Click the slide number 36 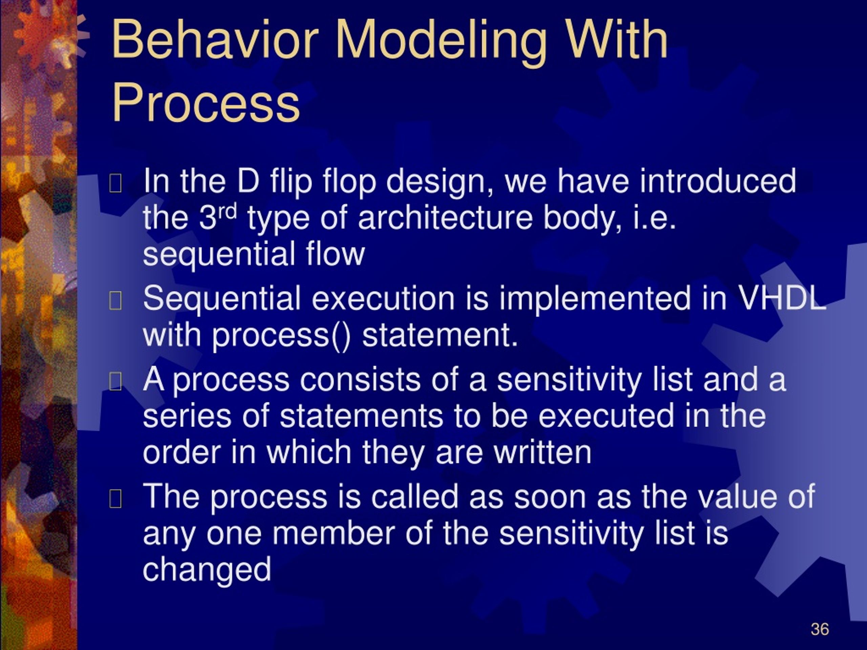point(820,629)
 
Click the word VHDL point(782,298)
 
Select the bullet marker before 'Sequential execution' point(115,301)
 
